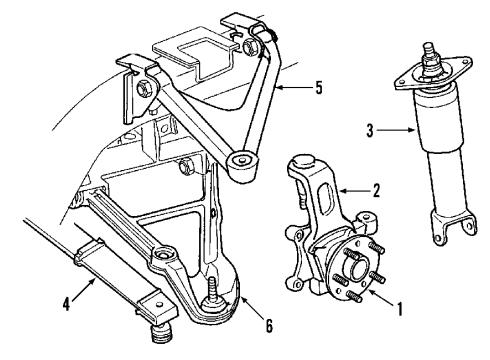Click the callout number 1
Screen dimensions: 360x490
(x=400, y=309)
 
